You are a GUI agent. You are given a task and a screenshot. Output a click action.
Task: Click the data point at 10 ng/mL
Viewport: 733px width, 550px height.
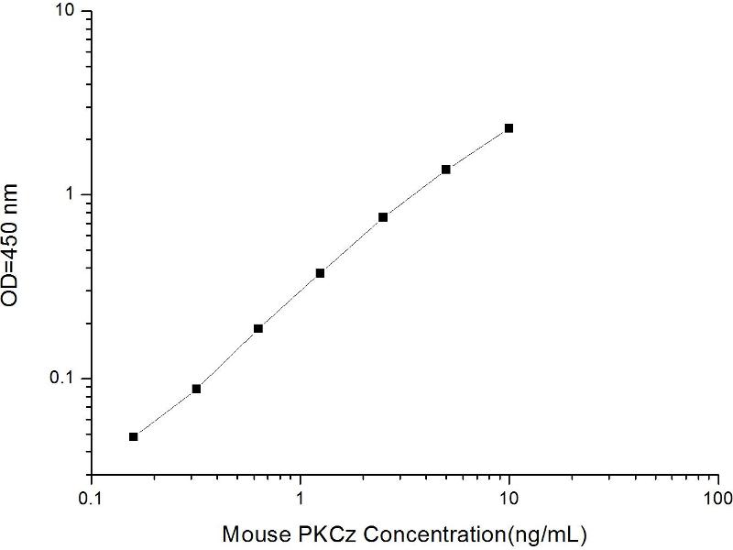(509, 128)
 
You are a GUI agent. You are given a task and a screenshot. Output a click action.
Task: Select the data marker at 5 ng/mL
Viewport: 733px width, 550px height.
(446, 170)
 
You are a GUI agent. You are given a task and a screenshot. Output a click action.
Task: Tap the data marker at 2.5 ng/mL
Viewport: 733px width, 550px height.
(383, 217)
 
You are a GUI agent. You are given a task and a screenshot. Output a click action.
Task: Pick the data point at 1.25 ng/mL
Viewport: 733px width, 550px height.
(321, 273)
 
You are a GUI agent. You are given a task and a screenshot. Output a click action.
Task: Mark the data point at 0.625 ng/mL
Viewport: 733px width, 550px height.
(258, 328)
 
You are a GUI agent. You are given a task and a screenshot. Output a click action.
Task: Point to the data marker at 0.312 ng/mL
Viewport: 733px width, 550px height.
(196, 389)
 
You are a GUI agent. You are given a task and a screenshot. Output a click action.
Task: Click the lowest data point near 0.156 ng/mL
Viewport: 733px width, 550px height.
(134, 436)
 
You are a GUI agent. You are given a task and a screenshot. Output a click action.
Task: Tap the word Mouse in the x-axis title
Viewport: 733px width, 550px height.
(253, 532)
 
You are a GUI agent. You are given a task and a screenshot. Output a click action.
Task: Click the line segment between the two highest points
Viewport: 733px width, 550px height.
(477, 148)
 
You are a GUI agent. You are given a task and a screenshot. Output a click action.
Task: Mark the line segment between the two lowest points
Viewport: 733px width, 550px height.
(165, 412)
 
